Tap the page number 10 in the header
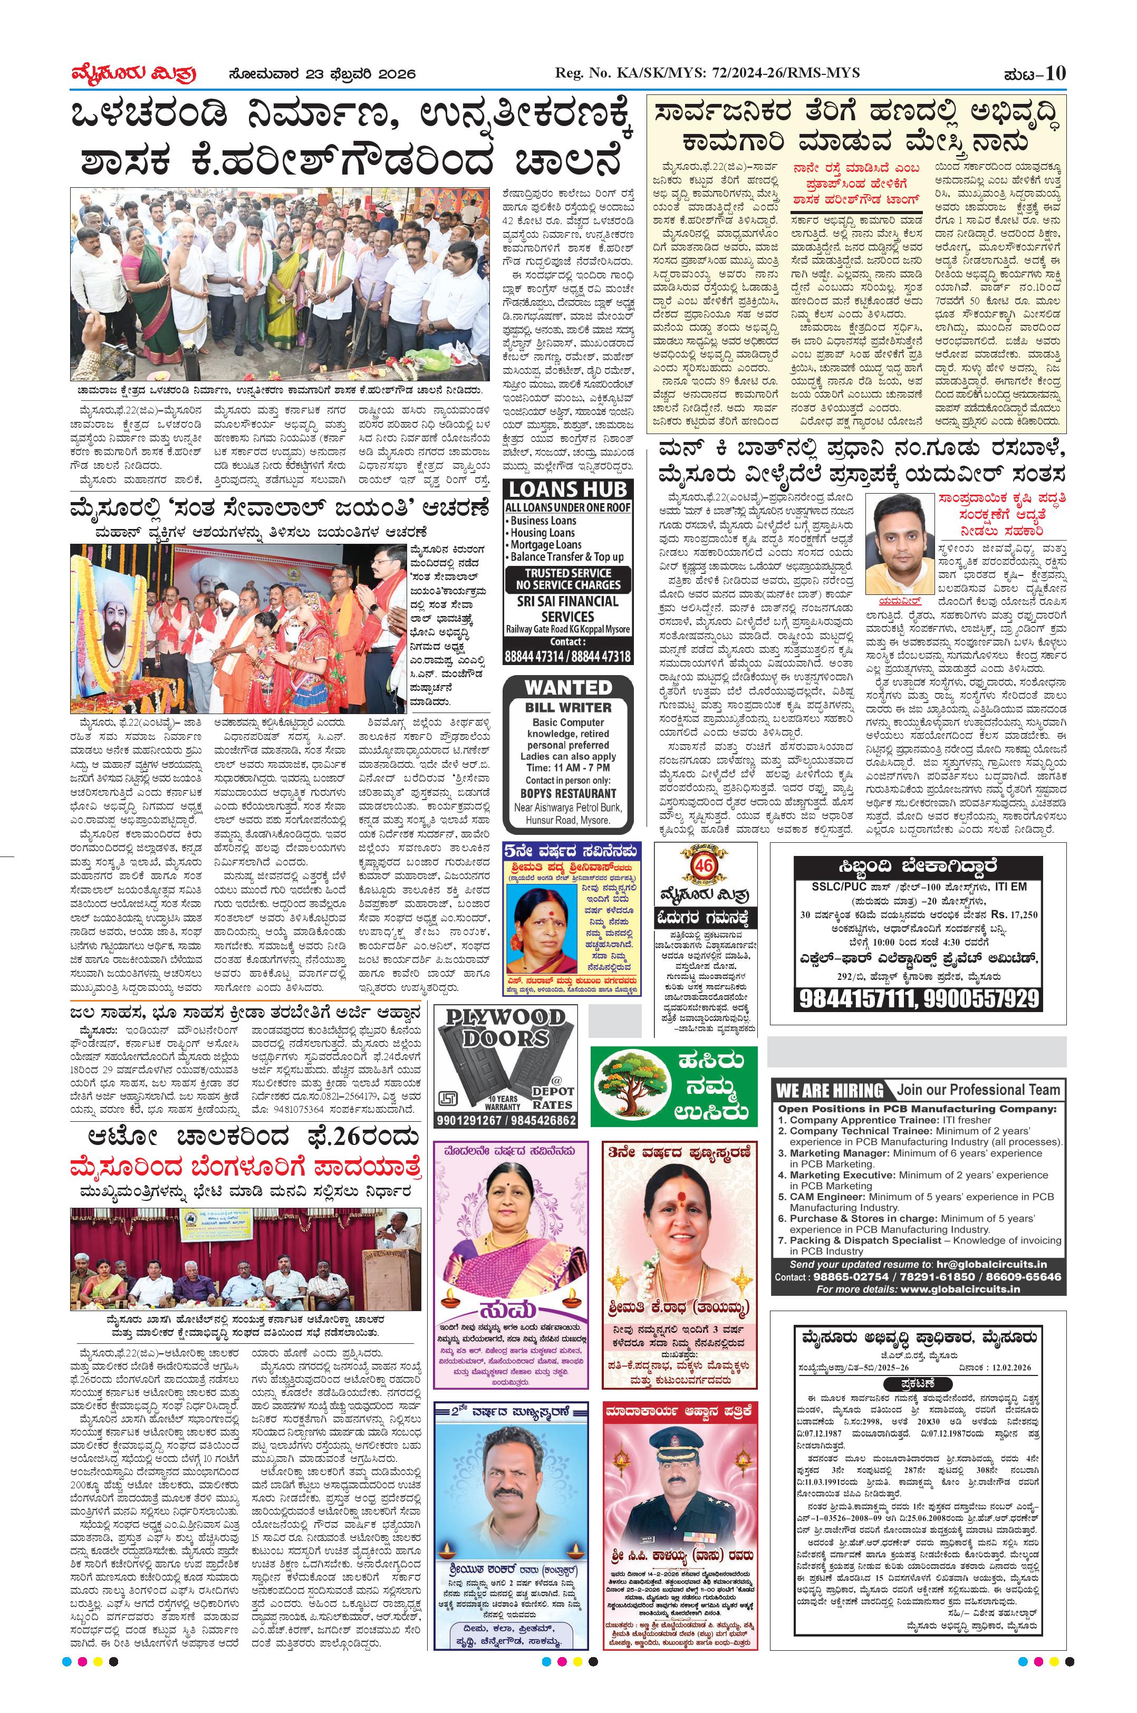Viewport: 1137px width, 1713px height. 1056,73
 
